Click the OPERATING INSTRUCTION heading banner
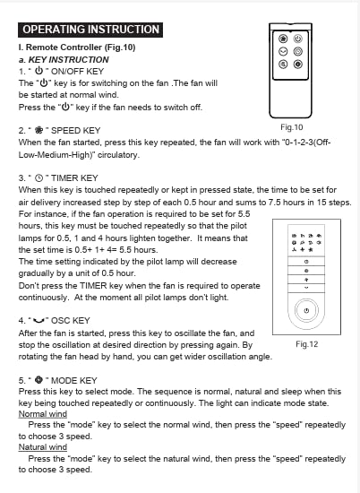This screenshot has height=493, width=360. click(90, 30)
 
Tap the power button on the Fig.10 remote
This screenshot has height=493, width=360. click(298, 39)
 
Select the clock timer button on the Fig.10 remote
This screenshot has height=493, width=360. click(298, 51)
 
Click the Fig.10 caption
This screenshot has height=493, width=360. click(292, 127)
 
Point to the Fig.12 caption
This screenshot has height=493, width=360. click(306, 344)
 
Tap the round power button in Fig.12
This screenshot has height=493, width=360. click(306, 310)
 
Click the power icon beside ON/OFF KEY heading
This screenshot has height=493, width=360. click(39, 71)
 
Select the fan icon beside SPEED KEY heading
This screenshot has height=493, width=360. click(39, 130)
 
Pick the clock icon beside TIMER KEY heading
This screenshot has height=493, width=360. click(39, 178)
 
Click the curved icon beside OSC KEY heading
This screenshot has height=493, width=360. click(39, 321)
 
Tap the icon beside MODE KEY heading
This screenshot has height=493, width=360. click(39, 380)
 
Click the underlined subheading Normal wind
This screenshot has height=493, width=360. click(43, 414)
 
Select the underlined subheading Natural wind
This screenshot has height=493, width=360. click(43, 446)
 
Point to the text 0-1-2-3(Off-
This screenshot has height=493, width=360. click(307, 143)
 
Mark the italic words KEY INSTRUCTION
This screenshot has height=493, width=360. click(68, 59)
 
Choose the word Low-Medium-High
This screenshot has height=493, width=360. click(55, 155)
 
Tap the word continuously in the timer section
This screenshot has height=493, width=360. click(43, 298)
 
